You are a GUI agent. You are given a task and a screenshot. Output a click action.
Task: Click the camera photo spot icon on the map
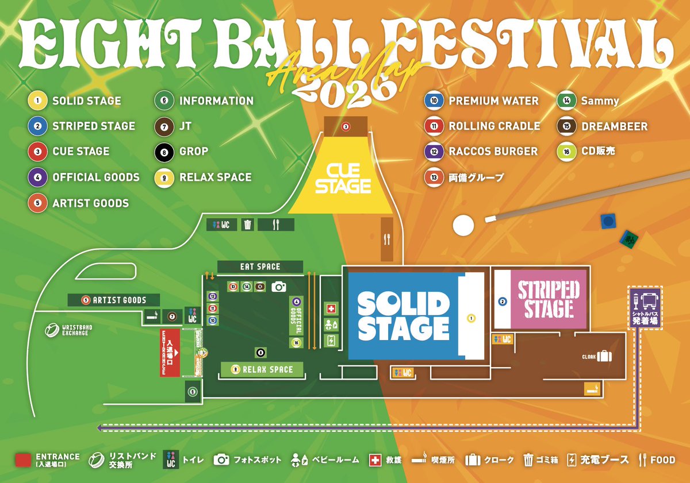[x=279, y=286]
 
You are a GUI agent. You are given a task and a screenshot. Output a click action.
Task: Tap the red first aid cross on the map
[x=331, y=309]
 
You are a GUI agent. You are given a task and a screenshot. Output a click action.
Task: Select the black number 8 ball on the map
[x=260, y=353]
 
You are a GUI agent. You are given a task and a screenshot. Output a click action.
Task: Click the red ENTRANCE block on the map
[x=170, y=353]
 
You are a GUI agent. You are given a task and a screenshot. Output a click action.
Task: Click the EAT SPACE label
[x=260, y=266]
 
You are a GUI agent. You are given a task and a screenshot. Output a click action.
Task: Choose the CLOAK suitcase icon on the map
[x=604, y=357]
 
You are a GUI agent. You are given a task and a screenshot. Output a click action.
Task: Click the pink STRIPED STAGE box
[x=548, y=300]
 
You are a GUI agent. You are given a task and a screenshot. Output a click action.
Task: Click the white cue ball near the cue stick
[x=463, y=225]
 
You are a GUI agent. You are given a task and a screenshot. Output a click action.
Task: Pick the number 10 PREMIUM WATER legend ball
[x=434, y=101]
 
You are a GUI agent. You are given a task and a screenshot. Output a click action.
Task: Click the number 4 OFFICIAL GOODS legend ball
[x=37, y=177]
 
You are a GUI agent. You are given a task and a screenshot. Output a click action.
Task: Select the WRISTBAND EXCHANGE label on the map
[x=68, y=330]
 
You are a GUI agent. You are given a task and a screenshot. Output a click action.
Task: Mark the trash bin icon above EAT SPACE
[x=248, y=225]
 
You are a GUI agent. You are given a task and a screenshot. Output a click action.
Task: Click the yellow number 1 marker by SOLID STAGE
[x=471, y=317]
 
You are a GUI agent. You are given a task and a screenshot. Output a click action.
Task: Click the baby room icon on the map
[x=331, y=325]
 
